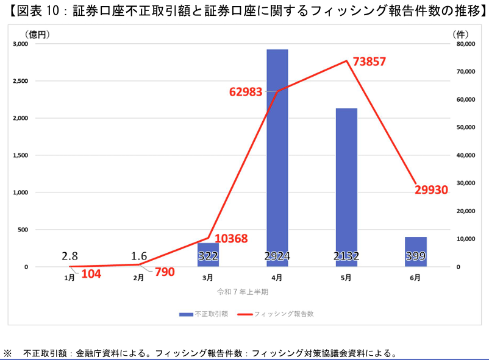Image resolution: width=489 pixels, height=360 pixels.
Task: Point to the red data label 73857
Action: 369,62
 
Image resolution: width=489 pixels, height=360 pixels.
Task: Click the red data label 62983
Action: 246,92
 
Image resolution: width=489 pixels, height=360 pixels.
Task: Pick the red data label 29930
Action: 432,190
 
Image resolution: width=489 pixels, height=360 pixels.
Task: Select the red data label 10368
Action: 231,238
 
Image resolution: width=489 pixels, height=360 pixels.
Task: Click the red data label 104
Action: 91,274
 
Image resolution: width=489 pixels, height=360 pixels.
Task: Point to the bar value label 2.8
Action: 70,256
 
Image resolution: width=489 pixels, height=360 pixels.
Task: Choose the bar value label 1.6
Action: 139,256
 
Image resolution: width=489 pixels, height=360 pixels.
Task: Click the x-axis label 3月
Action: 208,278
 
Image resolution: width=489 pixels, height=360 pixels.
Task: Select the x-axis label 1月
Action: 70,278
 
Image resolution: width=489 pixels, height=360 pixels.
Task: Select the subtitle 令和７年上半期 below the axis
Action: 243,292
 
